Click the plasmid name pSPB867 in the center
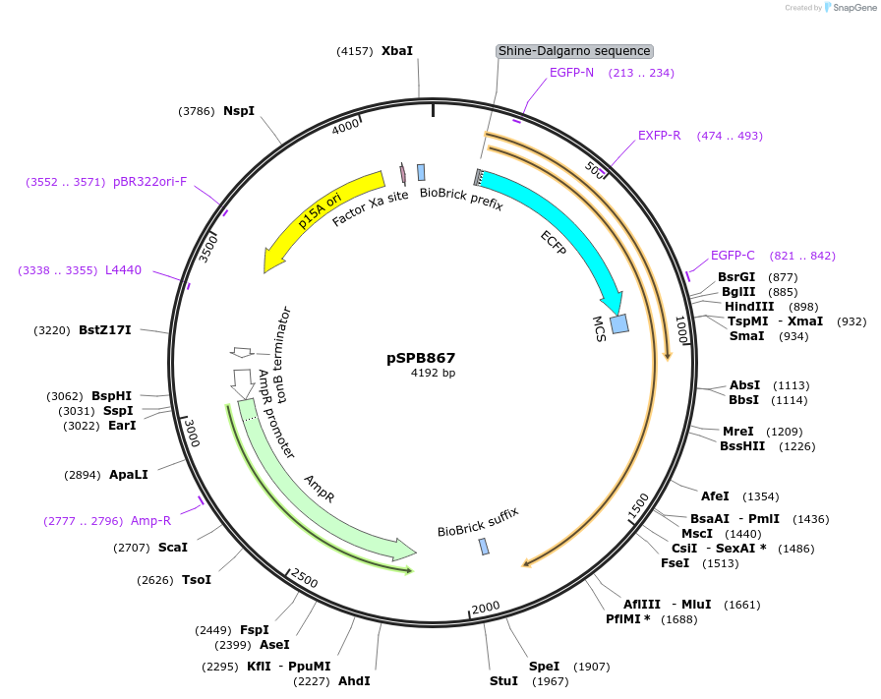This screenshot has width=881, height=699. [421, 359]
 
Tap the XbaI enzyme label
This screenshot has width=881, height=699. [397, 50]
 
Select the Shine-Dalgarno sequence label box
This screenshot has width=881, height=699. [574, 51]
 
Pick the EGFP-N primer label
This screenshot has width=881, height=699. [571, 73]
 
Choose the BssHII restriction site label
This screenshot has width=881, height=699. [742, 446]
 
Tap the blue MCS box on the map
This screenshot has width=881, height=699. [619, 323]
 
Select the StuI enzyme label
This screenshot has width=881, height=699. [502, 681]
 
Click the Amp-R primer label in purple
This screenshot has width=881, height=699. [150, 521]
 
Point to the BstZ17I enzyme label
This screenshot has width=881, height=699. [105, 330]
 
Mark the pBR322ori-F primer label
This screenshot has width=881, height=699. [149, 182]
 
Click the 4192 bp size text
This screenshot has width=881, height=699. [433, 374]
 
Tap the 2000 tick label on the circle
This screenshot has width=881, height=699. [486, 607]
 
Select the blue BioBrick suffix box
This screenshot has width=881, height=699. [484, 547]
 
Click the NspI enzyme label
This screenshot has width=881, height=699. [239, 111]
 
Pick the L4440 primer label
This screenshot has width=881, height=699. [123, 270]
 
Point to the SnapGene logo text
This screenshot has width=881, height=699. [851, 8]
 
